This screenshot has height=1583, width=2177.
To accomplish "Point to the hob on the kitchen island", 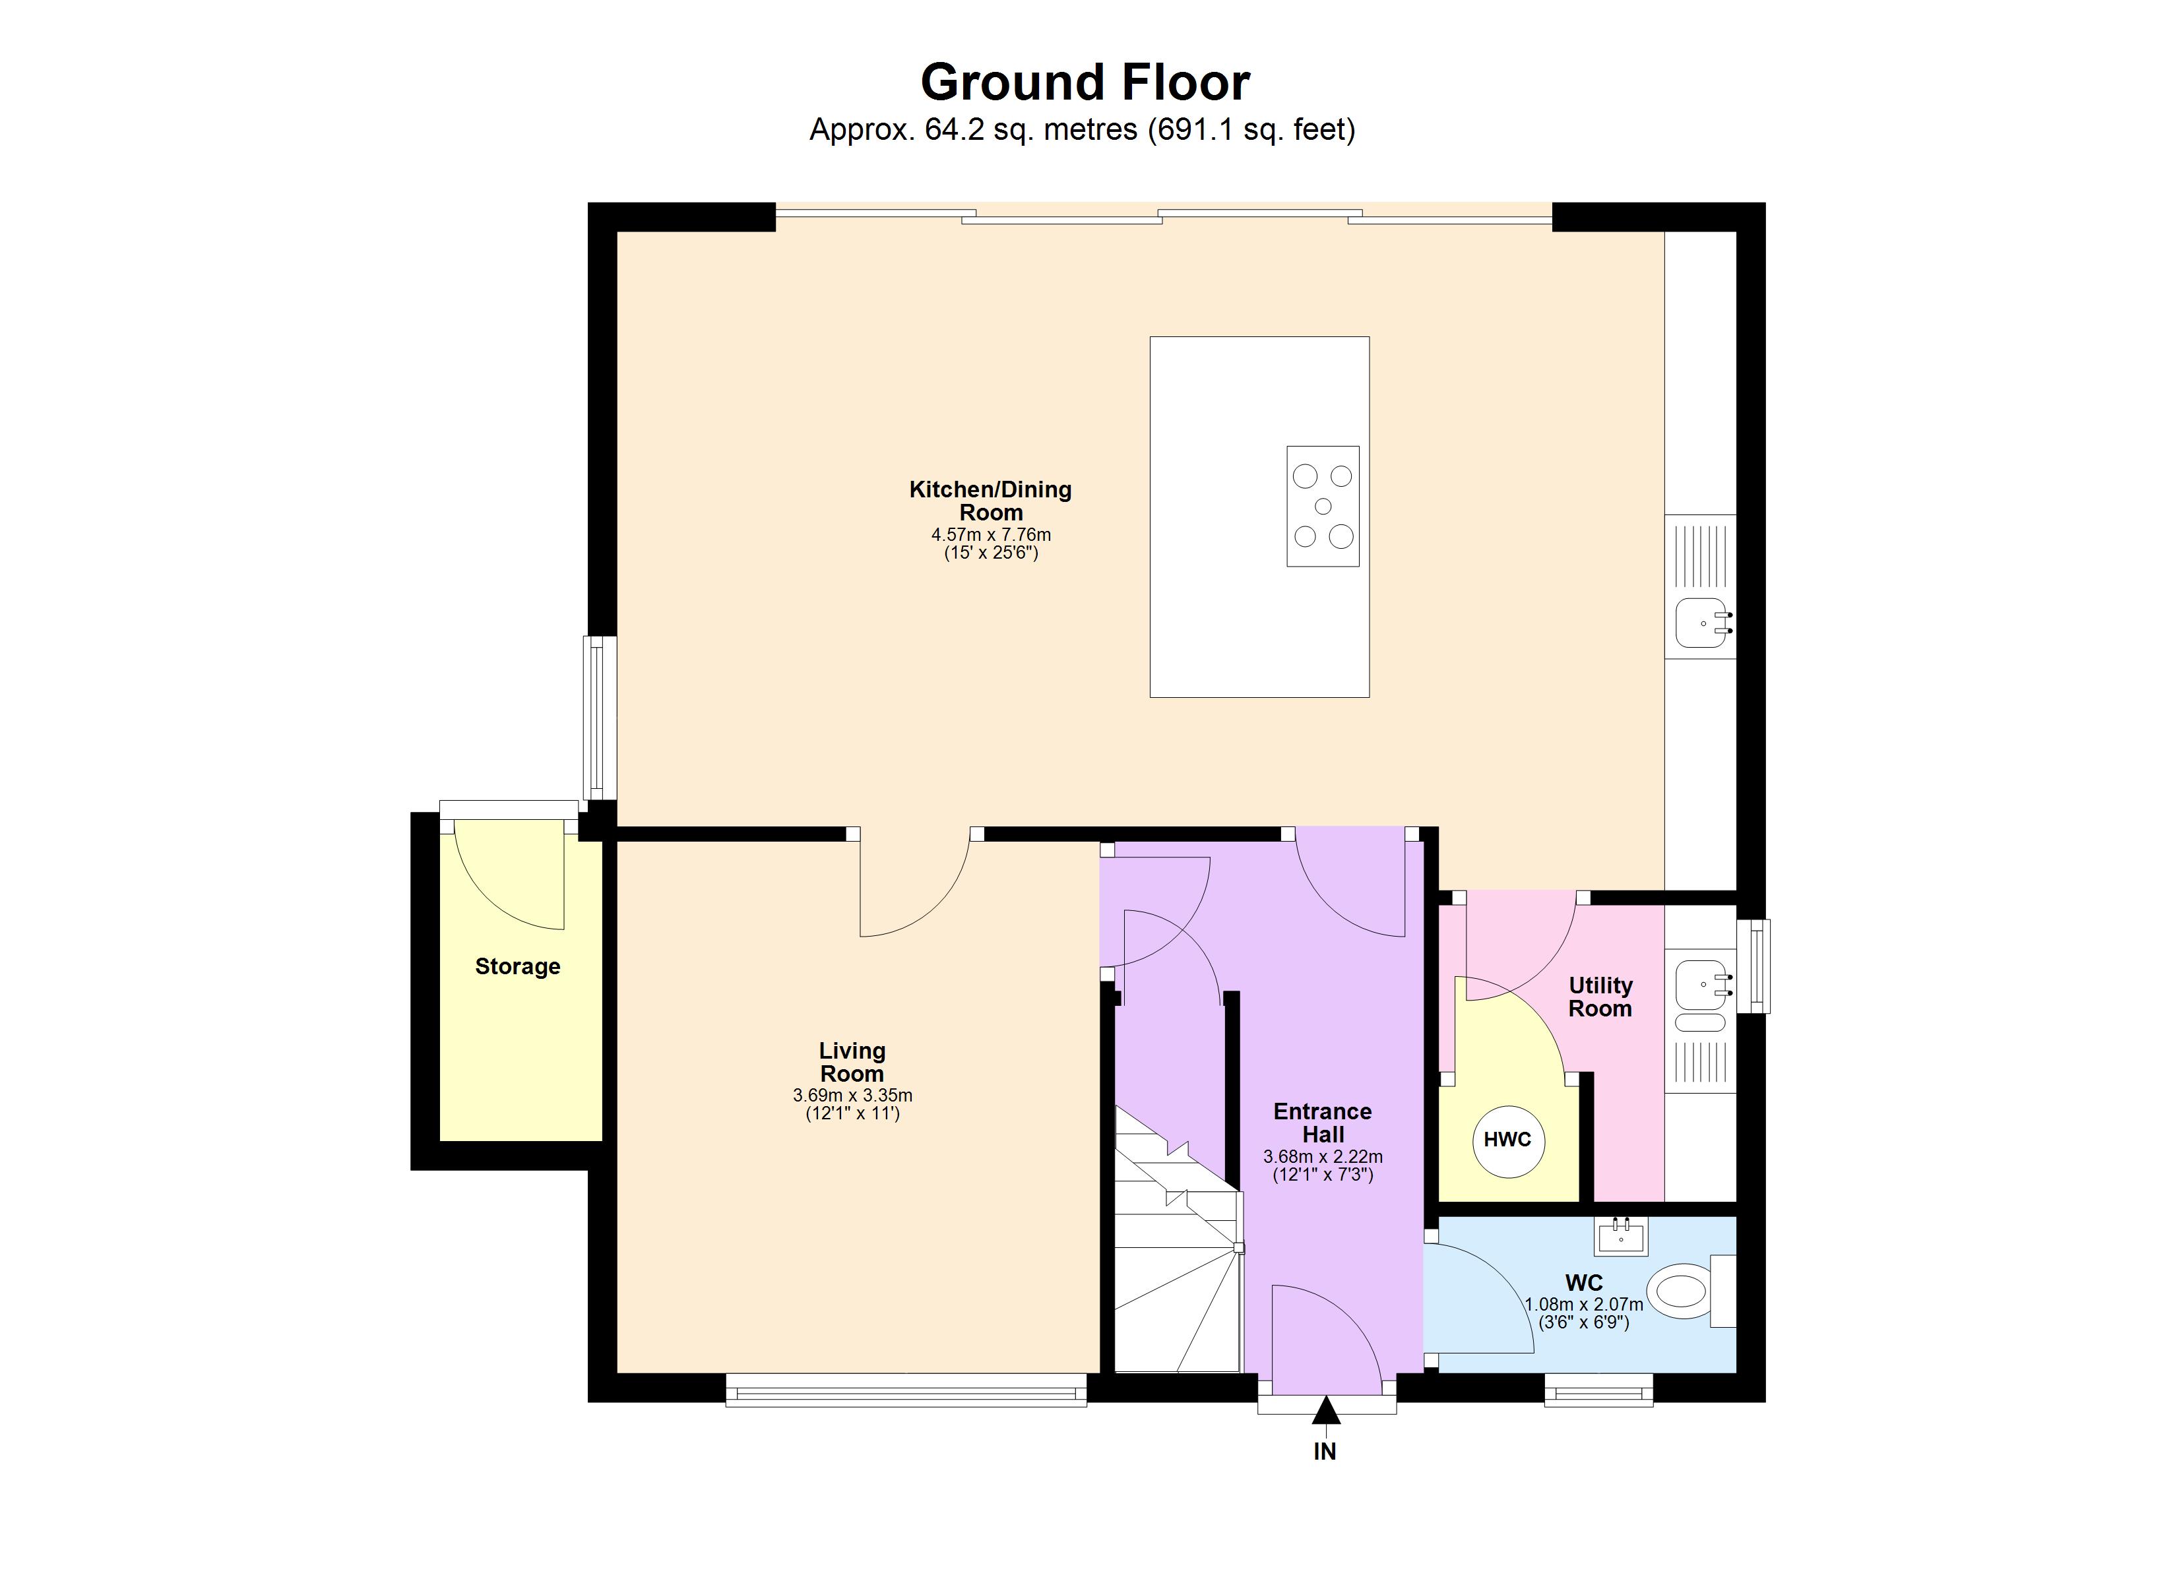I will [1323, 506].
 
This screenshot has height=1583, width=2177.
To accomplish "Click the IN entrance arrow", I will [1325, 1410].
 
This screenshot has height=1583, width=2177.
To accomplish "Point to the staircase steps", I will [1176, 1248].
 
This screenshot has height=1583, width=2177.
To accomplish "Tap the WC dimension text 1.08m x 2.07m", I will [1584, 1305].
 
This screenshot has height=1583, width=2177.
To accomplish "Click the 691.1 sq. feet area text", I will [1251, 129].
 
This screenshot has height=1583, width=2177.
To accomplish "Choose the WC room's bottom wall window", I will [1598, 1389].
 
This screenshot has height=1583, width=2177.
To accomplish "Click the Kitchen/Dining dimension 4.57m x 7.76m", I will [991, 535].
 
